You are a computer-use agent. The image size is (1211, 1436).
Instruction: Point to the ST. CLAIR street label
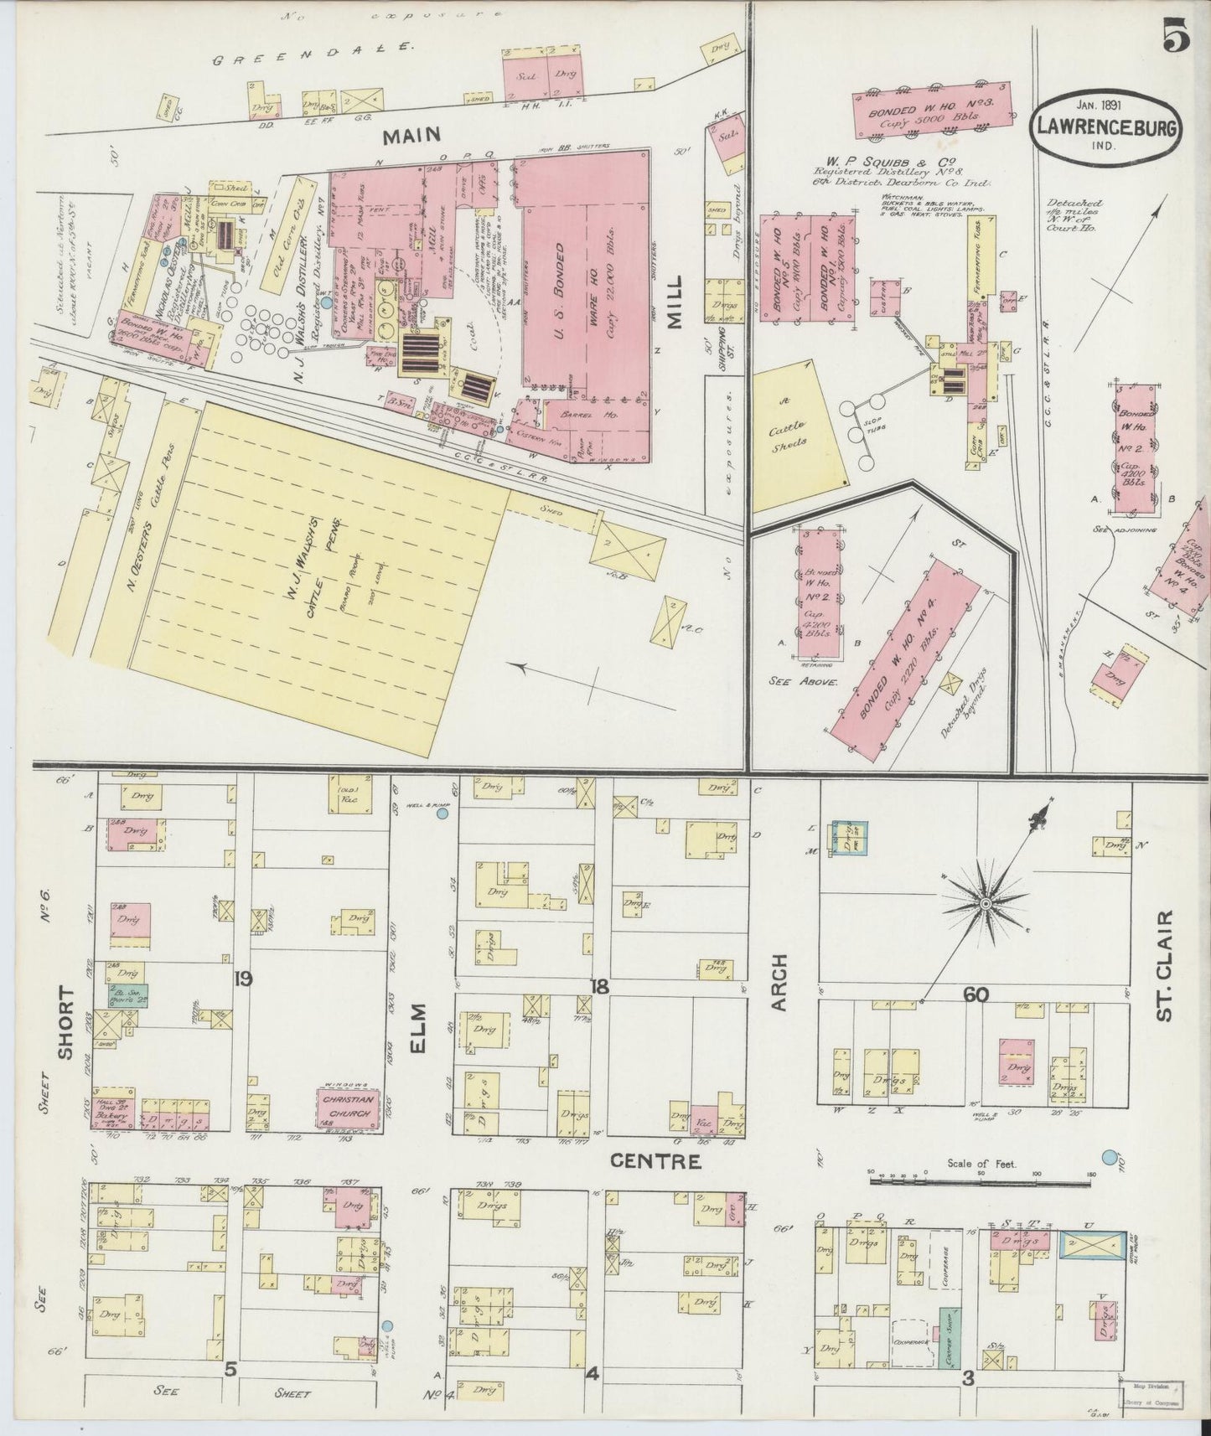coord(1166,965)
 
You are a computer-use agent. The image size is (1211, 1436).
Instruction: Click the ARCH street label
coord(780,982)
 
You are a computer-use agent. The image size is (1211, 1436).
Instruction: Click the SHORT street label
coord(67,1022)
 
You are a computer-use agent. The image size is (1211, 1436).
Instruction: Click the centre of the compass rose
coord(986,905)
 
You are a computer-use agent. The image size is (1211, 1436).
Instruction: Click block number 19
coord(244,978)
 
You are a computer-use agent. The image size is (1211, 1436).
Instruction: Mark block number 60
coord(976,994)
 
